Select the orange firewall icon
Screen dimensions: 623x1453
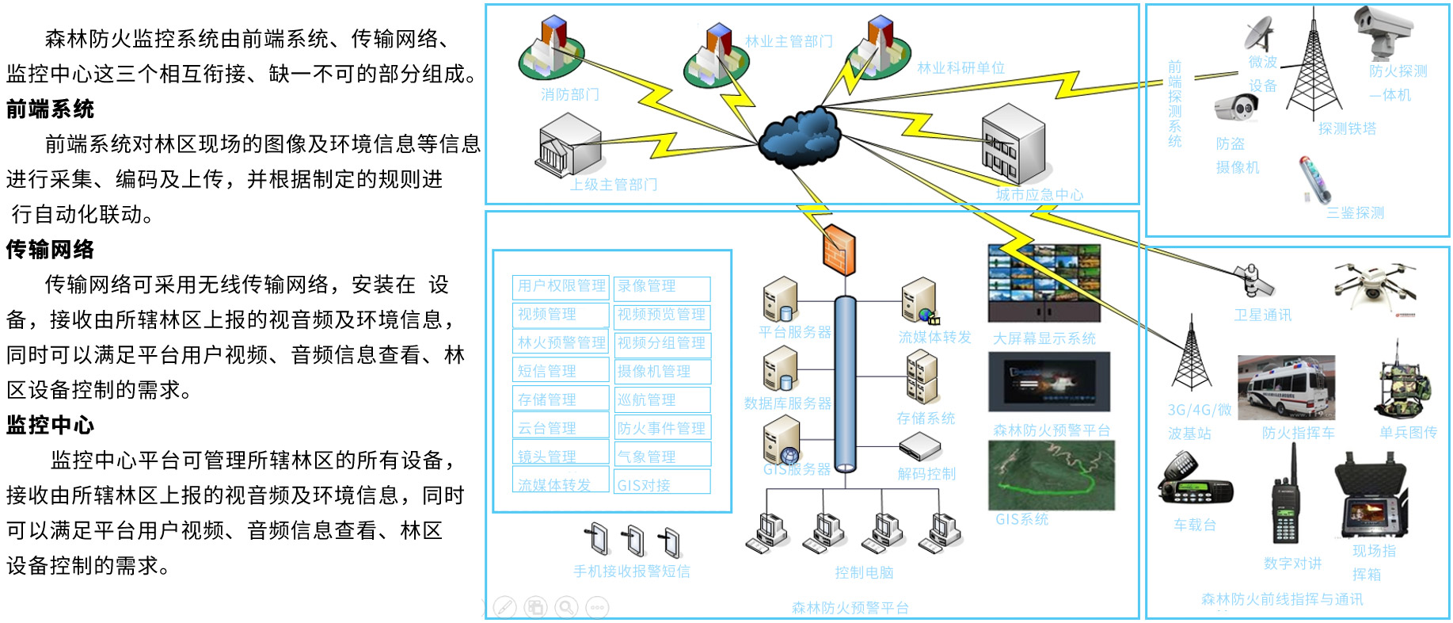click(839, 249)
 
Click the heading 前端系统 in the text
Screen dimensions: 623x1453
click(50, 109)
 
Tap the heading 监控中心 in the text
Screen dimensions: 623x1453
click(50, 425)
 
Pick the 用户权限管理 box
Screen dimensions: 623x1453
click(561, 286)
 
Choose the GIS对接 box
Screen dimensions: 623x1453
click(662, 484)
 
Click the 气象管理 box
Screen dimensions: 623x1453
click(662, 457)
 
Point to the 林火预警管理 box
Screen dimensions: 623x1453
click(561, 342)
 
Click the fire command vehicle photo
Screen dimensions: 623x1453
click(1286, 388)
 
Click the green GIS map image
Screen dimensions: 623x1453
click(1051, 475)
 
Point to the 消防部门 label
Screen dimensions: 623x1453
click(570, 94)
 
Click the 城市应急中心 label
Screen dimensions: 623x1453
click(1039, 194)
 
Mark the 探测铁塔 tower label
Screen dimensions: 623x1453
click(1347, 128)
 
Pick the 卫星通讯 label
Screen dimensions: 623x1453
click(1262, 315)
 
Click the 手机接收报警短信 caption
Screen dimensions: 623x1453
click(631, 571)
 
